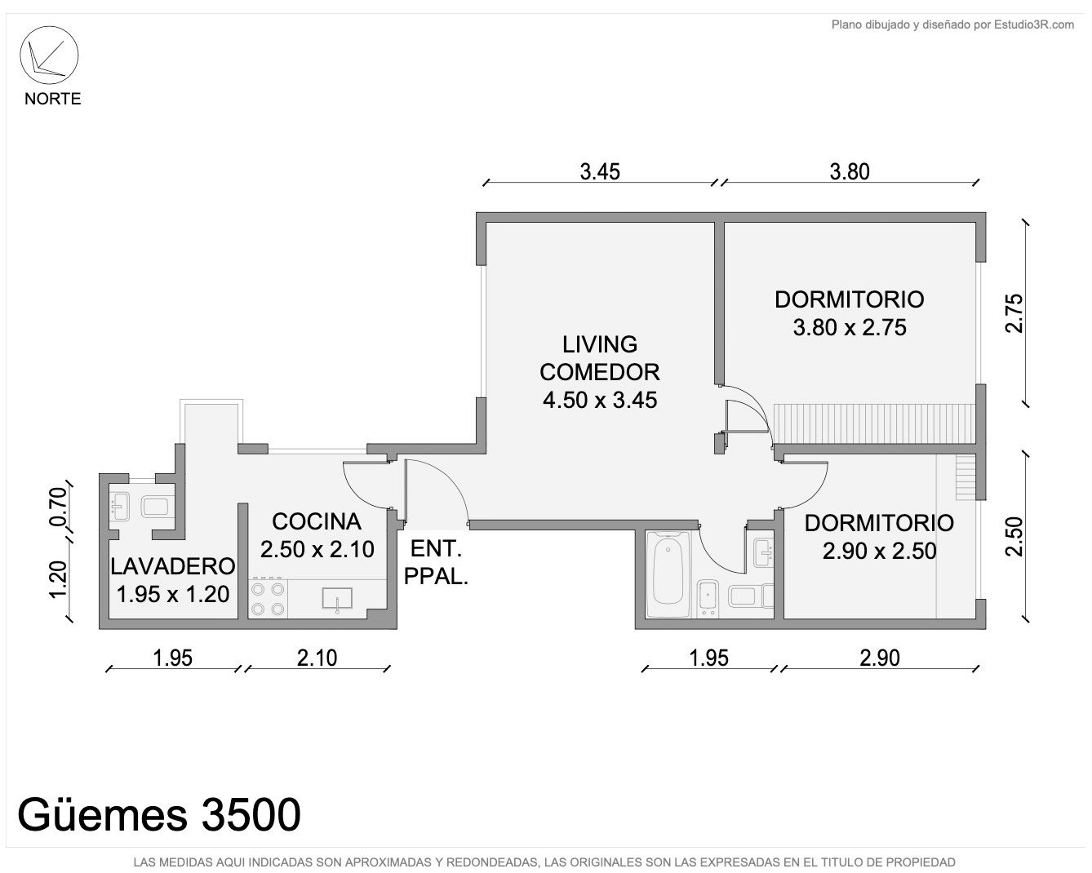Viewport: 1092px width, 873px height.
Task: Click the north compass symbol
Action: pos(49,55)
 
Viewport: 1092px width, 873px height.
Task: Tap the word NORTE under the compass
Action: pos(53,99)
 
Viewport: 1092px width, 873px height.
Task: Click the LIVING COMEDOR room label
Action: pos(599,358)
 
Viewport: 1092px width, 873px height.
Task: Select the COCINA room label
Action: pos(317,521)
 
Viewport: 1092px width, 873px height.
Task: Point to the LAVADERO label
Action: pos(173,566)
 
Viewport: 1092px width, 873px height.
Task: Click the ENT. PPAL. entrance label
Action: pos(436,563)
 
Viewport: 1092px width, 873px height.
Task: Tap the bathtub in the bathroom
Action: pos(668,574)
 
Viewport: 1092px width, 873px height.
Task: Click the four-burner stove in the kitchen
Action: pos(268,598)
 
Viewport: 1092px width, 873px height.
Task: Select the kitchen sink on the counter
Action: pos(337,599)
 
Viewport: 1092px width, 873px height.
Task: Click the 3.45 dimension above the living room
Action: pos(600,172)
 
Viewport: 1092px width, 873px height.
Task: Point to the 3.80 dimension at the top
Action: pos(850,172)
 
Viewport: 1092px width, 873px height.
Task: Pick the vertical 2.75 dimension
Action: pos(1014,313)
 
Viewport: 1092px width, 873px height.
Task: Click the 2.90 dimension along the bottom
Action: pos(879,658)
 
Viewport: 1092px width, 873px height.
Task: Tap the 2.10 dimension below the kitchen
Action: pos(317,658)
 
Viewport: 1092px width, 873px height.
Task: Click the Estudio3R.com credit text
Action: pos(1033,24)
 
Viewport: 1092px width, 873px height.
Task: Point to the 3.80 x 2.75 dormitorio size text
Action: pos(850,328)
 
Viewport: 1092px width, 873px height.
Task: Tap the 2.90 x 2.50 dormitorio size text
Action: pos(879,552)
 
